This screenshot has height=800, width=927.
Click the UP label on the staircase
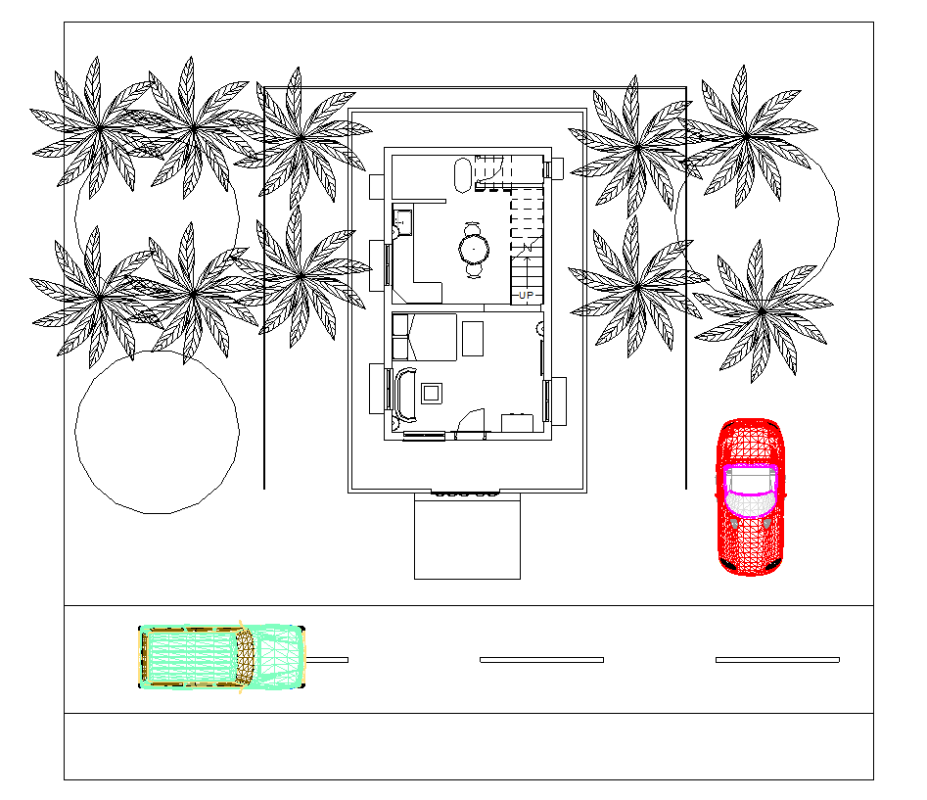coord(527,295)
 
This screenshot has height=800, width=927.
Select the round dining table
coord(475,249)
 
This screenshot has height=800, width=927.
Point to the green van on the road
coord(222,657)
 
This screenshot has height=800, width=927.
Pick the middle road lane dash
coord(541,660)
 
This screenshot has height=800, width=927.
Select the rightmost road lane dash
coord(777,660)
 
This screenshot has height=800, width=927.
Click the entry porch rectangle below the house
coord(467,539)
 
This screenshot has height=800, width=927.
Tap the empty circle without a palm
coord(157,432)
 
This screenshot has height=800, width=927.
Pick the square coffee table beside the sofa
coord(431,394)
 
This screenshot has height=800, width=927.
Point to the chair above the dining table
coord(475,227)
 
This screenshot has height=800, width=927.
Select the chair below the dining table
coord(475,271)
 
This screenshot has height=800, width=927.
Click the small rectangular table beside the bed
coord(473,338)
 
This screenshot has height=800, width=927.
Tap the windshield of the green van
coord(247,657)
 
